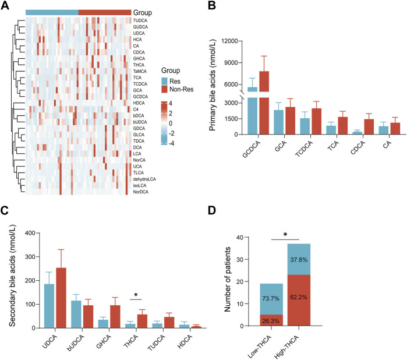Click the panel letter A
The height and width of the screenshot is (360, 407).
tap(6, 6)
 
